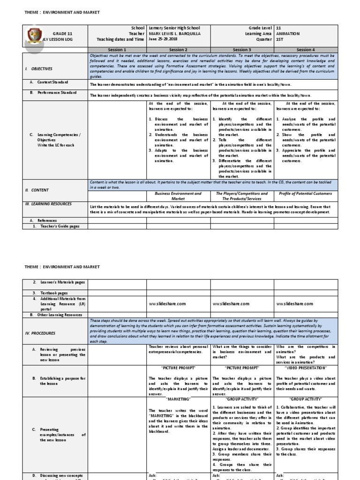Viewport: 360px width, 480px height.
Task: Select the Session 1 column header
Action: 117,49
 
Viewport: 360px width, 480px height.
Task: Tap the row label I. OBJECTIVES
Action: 39,68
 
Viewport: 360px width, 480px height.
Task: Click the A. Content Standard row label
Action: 49,82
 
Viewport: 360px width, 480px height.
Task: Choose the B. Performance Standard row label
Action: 53,93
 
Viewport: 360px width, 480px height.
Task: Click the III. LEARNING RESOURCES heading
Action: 48,204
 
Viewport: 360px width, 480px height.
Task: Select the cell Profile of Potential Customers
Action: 306,193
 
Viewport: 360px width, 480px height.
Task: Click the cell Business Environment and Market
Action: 178,196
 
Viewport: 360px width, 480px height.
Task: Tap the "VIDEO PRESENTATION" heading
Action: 306,368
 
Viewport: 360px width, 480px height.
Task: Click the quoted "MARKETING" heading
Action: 178,399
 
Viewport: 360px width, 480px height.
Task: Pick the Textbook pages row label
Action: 54,292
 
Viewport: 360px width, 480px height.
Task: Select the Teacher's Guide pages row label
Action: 60,226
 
